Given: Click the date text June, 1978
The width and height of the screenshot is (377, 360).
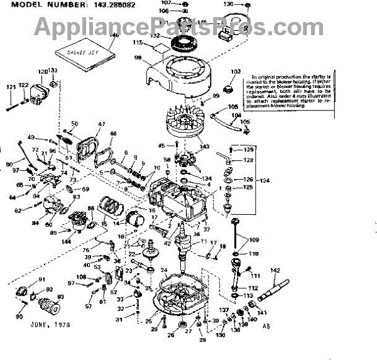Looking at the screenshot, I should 50,324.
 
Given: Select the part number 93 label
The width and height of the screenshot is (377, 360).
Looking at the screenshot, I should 60,297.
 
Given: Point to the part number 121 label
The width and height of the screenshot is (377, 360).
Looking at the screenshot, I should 11,87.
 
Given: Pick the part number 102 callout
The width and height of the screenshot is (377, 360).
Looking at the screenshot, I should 236,71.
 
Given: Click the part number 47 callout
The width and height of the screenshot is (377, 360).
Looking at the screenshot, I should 101,124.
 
